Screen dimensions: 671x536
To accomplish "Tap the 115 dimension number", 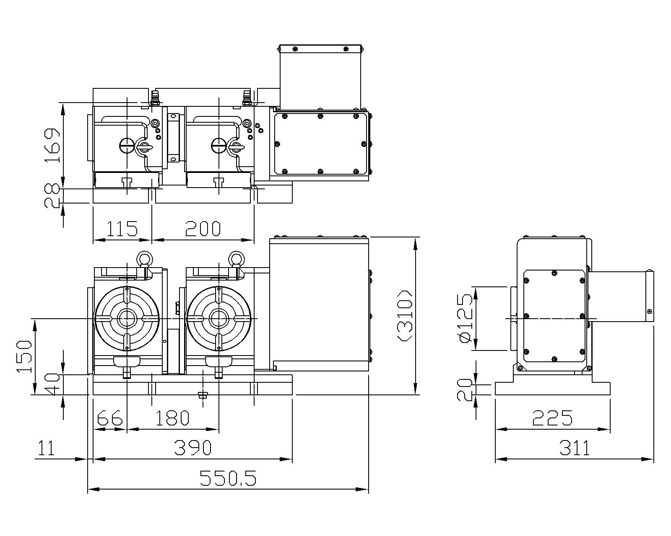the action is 122,229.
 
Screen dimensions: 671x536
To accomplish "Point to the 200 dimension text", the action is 203,229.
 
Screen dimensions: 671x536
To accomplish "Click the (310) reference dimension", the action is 406,316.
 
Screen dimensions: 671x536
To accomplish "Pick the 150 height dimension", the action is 23,357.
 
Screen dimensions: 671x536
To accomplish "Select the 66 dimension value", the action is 109,418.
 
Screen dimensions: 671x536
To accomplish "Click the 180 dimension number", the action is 172,418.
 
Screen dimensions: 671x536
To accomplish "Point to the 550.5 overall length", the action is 228,478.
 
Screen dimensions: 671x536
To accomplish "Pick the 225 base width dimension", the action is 552,418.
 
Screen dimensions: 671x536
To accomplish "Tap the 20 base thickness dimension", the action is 465,389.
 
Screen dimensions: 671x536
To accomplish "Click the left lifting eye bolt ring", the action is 143,258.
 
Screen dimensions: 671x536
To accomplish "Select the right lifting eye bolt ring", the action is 235,258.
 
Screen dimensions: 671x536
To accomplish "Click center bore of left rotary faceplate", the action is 127,319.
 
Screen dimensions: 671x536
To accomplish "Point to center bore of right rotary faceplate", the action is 218,319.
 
